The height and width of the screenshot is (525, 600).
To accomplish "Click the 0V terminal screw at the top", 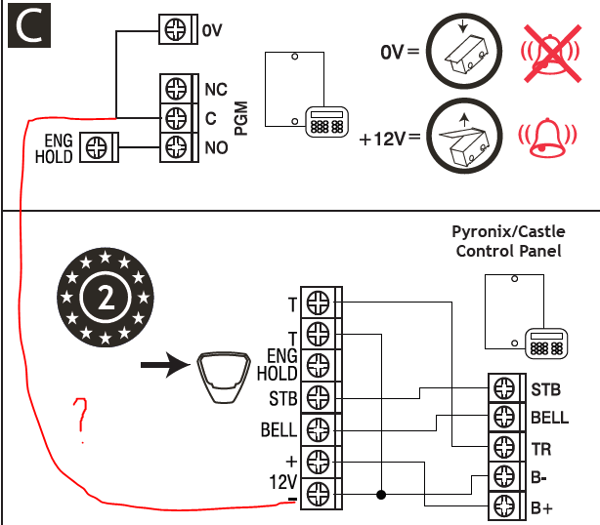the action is pos(175,29).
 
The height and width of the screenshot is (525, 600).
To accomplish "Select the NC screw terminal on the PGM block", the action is pos(176,89).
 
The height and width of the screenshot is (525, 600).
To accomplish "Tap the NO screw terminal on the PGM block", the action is pos(176,147).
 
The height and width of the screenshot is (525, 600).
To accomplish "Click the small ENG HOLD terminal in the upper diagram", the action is pos(96,147).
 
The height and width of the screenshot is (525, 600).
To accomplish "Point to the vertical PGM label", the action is pos(241,118).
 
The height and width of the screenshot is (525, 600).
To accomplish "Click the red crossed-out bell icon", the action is pos(551,54).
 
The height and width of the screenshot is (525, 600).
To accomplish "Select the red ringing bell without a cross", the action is pos(547,137).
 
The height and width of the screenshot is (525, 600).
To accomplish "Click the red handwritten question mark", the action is pos(81,420).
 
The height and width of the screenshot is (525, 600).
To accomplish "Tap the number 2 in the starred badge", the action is pos(106,298).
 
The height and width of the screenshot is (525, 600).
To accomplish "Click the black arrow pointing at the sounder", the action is pos(165,365).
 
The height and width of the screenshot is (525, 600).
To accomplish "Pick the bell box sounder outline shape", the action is pos(224,378).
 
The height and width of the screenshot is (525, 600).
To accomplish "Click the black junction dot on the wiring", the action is pos(381,495).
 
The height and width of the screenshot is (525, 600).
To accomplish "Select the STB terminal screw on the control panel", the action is pos(504,387).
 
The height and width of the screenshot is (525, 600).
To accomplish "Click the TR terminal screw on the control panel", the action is pos(504,447).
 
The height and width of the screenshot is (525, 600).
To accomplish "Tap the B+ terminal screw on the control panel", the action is pos(504,505).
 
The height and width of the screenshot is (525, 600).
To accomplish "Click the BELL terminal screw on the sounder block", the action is pos(318,430).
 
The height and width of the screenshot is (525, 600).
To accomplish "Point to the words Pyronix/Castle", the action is pos(508,231).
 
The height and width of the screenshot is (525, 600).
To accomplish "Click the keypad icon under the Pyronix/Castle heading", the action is pos(546,343).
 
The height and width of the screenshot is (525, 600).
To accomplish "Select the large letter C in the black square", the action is pos(29,25).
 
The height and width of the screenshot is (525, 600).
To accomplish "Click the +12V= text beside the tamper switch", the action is pos(390,139).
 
